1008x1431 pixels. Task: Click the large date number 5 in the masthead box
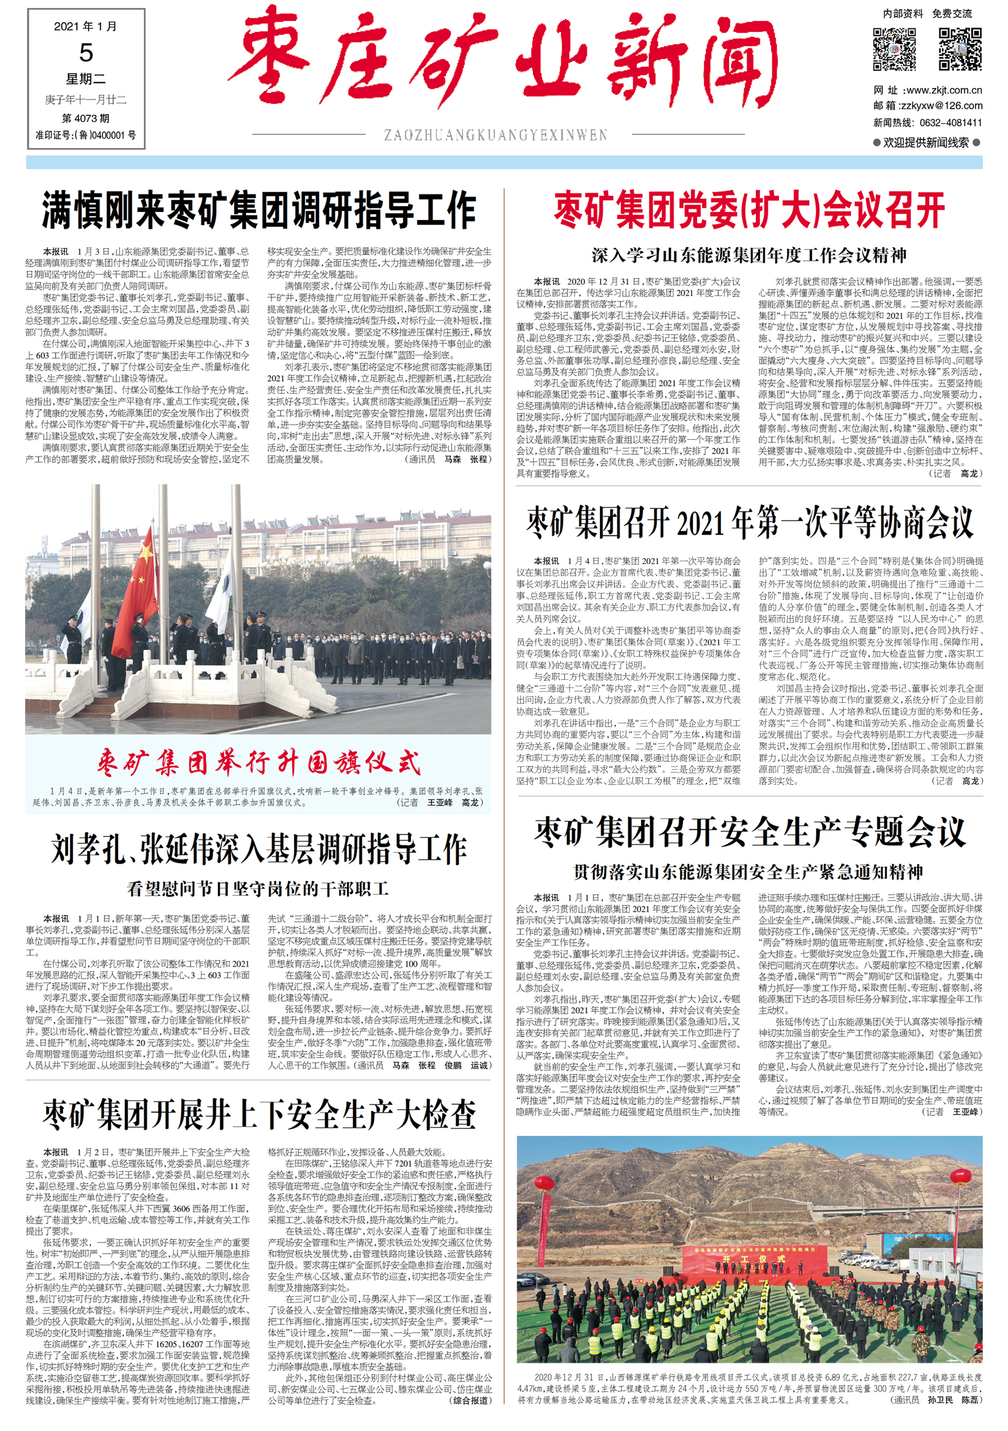pos(86,53)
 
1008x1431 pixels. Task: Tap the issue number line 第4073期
pos(85,118)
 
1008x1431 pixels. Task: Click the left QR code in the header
pos(894,49)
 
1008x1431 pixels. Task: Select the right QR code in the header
pos(960,49)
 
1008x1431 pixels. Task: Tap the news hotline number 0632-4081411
pos(951,123)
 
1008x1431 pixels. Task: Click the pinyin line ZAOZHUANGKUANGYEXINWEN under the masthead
pos(495,135)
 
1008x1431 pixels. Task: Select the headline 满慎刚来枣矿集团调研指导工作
pos(259,211)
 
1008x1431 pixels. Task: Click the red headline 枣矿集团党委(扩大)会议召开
pos(749,211)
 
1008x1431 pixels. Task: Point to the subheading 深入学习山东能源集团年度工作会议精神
pos(749,255)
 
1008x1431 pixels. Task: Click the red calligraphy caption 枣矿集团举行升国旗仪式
pos(259,763)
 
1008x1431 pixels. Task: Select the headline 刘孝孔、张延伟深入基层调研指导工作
pos(259,849)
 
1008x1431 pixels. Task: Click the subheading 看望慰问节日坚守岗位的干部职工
pos(259,888)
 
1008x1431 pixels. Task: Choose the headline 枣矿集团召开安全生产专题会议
pos(749,832)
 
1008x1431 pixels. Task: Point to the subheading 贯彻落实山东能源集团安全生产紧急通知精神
pos(749,872)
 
